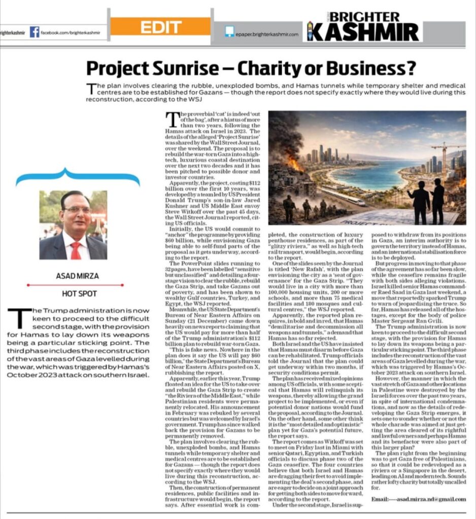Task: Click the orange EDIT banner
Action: [160, 26]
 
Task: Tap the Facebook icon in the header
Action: [35, 32]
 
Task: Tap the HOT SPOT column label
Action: [73, 293]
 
